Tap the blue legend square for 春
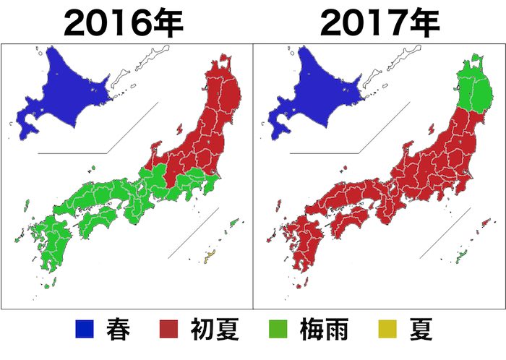click(x=85, y=330)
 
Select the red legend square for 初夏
click(x=168, y=330)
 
